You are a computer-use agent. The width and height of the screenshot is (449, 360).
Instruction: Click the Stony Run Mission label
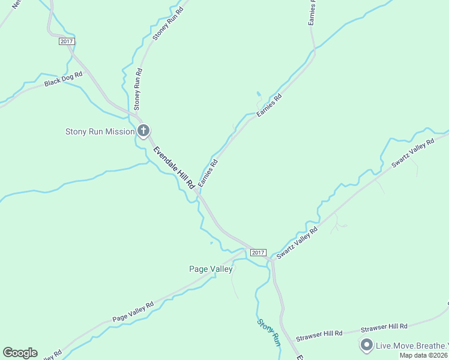point(100,131)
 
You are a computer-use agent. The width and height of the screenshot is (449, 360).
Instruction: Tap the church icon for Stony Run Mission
point(143,131)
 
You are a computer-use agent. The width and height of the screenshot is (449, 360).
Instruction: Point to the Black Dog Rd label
point(64,79)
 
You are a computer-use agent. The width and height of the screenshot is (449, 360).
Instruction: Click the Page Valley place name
point(211,269)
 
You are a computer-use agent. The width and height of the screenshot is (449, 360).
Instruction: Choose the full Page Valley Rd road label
point(133,310)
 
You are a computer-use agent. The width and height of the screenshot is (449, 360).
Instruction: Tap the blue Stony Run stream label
point(269,332)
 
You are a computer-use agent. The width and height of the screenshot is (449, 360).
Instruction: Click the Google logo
point(20,353)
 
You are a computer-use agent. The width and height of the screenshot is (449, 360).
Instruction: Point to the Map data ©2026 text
point(424,355)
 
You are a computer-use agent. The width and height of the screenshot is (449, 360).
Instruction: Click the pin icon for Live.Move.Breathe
point(366,344)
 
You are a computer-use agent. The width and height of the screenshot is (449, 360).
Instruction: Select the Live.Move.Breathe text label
point(412,345)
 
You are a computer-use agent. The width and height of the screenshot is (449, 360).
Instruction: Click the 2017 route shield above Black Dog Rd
point(67,41)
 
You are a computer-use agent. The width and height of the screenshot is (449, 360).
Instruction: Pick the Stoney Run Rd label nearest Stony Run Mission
point(138,89)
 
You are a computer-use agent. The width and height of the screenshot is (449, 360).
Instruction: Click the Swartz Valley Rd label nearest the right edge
point(412,153)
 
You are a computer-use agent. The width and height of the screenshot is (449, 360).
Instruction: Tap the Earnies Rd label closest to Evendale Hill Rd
point(208,173)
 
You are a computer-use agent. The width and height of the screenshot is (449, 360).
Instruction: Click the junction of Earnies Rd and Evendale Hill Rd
point(197,191)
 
